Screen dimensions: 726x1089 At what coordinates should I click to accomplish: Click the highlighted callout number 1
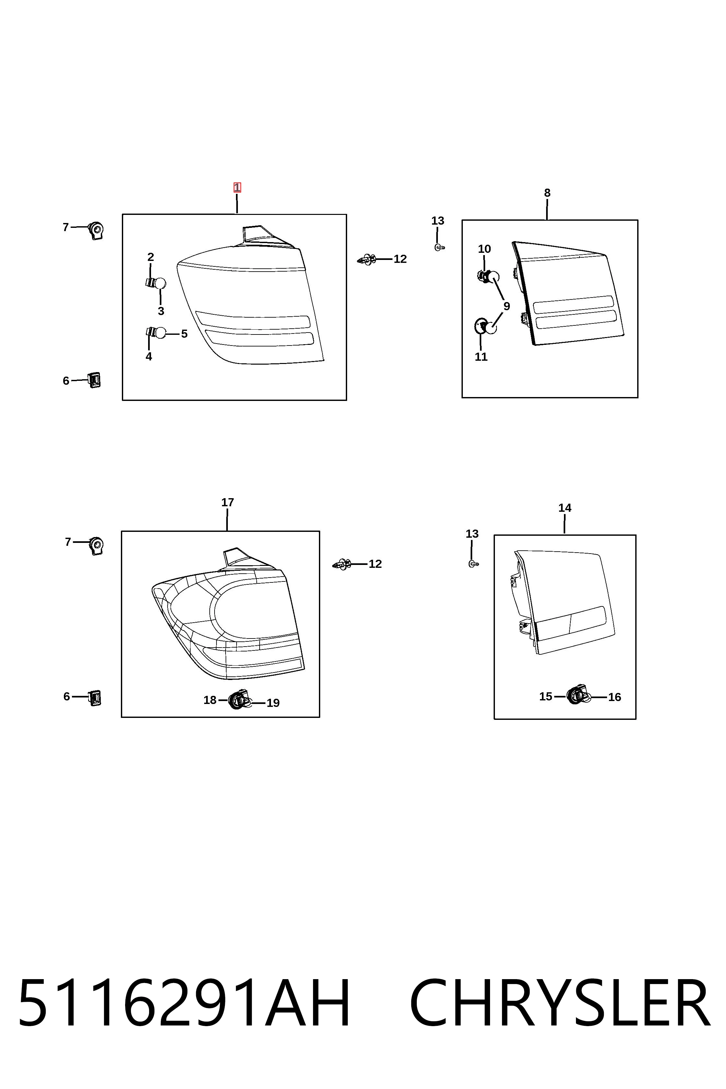click(x=237, y=188)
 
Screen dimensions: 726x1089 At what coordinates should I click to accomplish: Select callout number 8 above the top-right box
click(x=547, y=193)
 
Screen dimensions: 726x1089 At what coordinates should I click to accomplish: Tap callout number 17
click(x=227, y=502)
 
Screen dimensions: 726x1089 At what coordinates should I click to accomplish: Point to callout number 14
click(x=565, y=508)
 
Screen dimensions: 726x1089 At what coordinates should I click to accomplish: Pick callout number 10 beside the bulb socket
click(x=484, y=249)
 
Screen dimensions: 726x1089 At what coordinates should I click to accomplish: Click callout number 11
click(x=481, y=357)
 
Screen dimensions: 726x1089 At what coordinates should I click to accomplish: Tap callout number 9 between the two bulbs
click(x=507, y=306)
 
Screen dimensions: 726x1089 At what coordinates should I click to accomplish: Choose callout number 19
click(x=273, y=703)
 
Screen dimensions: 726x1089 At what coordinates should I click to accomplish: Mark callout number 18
click(x=210, y=700)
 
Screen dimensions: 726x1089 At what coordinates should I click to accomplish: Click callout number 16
click(x=615, y=697)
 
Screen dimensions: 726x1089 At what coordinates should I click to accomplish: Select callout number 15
click(x=546, y=697)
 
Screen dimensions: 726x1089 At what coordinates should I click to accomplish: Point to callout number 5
click(x=184, y=334)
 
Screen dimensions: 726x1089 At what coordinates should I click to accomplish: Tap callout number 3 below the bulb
click(x=161, y=311)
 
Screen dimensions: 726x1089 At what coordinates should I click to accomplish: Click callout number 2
click(x=150, y=257)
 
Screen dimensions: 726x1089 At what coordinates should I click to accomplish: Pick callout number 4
click(x=149, y=357)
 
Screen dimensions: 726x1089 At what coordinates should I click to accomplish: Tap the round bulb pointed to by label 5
click(x=160, y=333)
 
